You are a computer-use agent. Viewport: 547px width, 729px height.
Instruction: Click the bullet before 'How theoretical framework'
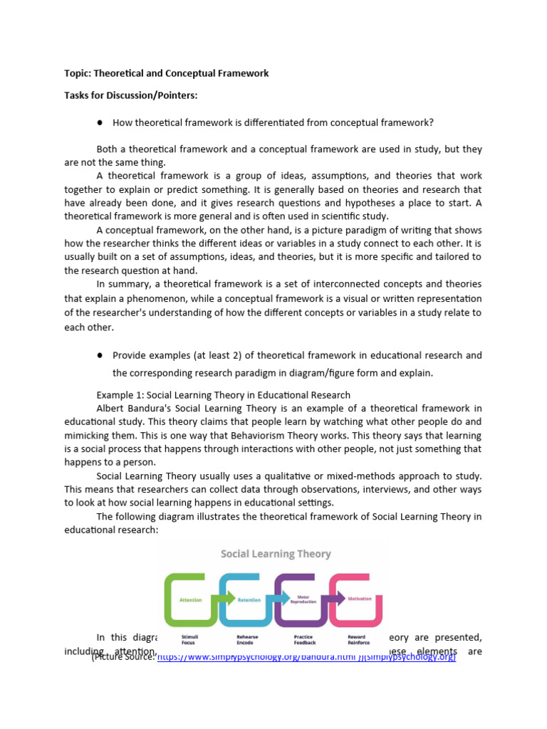tap(101, 122)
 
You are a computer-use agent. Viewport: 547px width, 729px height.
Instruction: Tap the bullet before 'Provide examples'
tap(101, 355)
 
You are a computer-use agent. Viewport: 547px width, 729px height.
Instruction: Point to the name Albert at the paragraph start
tap(111, 408)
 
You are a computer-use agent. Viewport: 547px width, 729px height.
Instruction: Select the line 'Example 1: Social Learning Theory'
tap(223, 394)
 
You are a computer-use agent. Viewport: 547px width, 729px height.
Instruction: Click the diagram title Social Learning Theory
tap(276, 553)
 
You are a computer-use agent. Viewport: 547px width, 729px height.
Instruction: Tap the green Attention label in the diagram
tap(190, 600)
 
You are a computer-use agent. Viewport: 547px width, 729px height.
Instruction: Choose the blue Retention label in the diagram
tap(249, 600)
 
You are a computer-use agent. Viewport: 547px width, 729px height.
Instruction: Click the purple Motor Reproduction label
tap(303, 600)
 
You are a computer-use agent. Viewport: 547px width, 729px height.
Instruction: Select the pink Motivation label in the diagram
tap(359, 599)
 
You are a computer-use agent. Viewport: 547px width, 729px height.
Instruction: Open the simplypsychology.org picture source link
tap(306, 656)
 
